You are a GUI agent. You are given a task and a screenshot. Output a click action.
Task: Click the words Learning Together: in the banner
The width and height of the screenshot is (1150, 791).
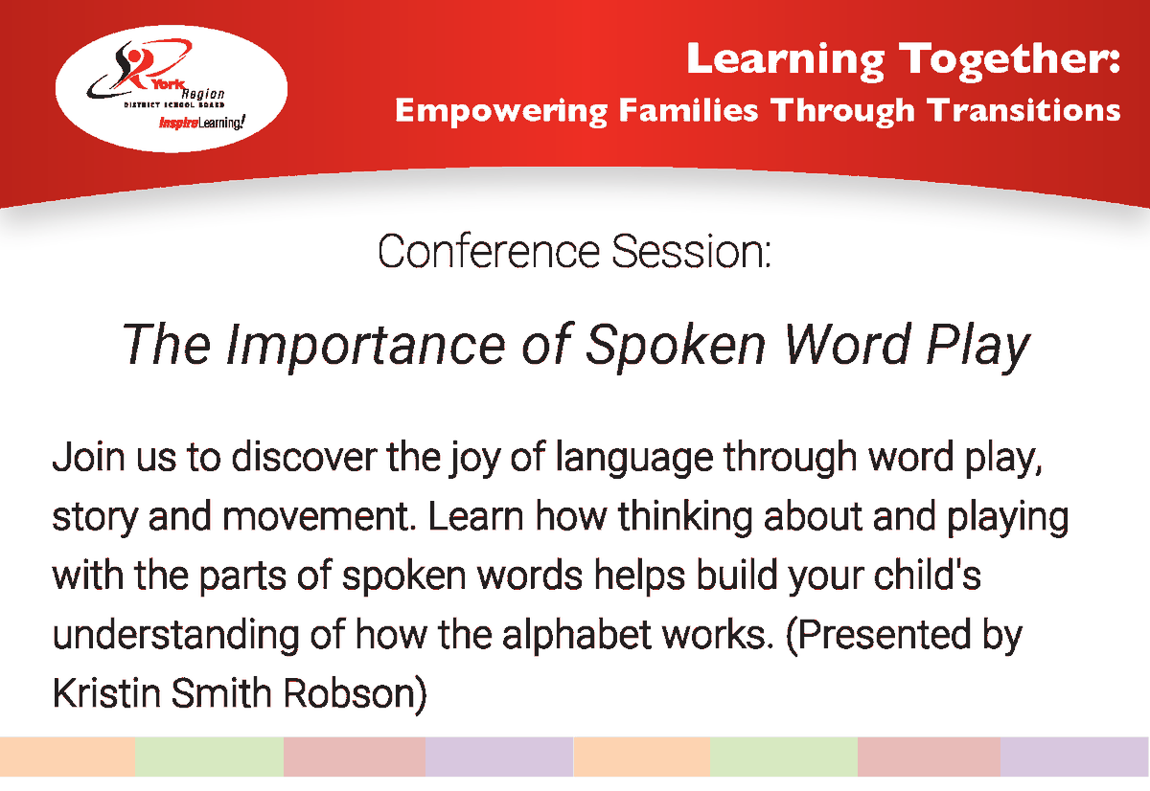pyautogui.click(x=902, y=59)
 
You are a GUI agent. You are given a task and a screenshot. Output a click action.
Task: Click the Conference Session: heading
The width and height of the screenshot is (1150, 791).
pyautogui.click(x=574, y=252)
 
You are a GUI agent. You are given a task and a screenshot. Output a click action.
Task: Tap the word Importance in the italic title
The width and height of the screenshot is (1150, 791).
pyautogui.click(x=365, y=346)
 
